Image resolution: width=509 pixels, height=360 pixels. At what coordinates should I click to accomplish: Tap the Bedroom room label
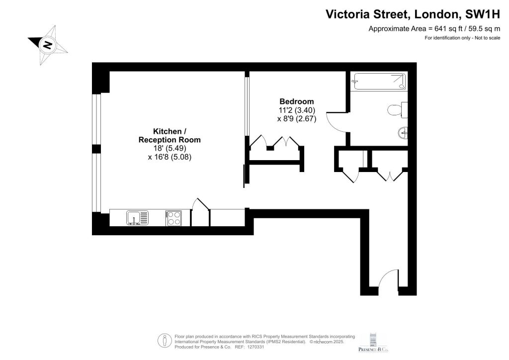[297, 101]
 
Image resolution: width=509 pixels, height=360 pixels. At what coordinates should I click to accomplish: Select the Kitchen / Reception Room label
[170, 135]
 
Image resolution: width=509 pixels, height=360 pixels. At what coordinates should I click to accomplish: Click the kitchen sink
[137, 218]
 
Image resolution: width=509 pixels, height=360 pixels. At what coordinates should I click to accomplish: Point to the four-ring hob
[173, 218]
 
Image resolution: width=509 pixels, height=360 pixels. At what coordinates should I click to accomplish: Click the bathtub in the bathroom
[380, 81]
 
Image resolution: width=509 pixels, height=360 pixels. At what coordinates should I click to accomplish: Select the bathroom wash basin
[403, 132]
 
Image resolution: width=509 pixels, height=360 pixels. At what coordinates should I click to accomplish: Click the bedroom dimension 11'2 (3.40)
[297, 110]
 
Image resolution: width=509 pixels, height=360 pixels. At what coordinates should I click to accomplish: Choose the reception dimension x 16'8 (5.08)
[170, 157]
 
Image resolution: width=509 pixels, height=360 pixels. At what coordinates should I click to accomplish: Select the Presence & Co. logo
[373, 343]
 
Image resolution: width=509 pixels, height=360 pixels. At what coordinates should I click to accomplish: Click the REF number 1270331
[256, 347]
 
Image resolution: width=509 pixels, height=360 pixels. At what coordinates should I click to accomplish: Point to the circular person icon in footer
[165, 341]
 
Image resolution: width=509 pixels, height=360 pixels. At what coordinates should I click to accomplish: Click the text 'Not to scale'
[488, 38]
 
